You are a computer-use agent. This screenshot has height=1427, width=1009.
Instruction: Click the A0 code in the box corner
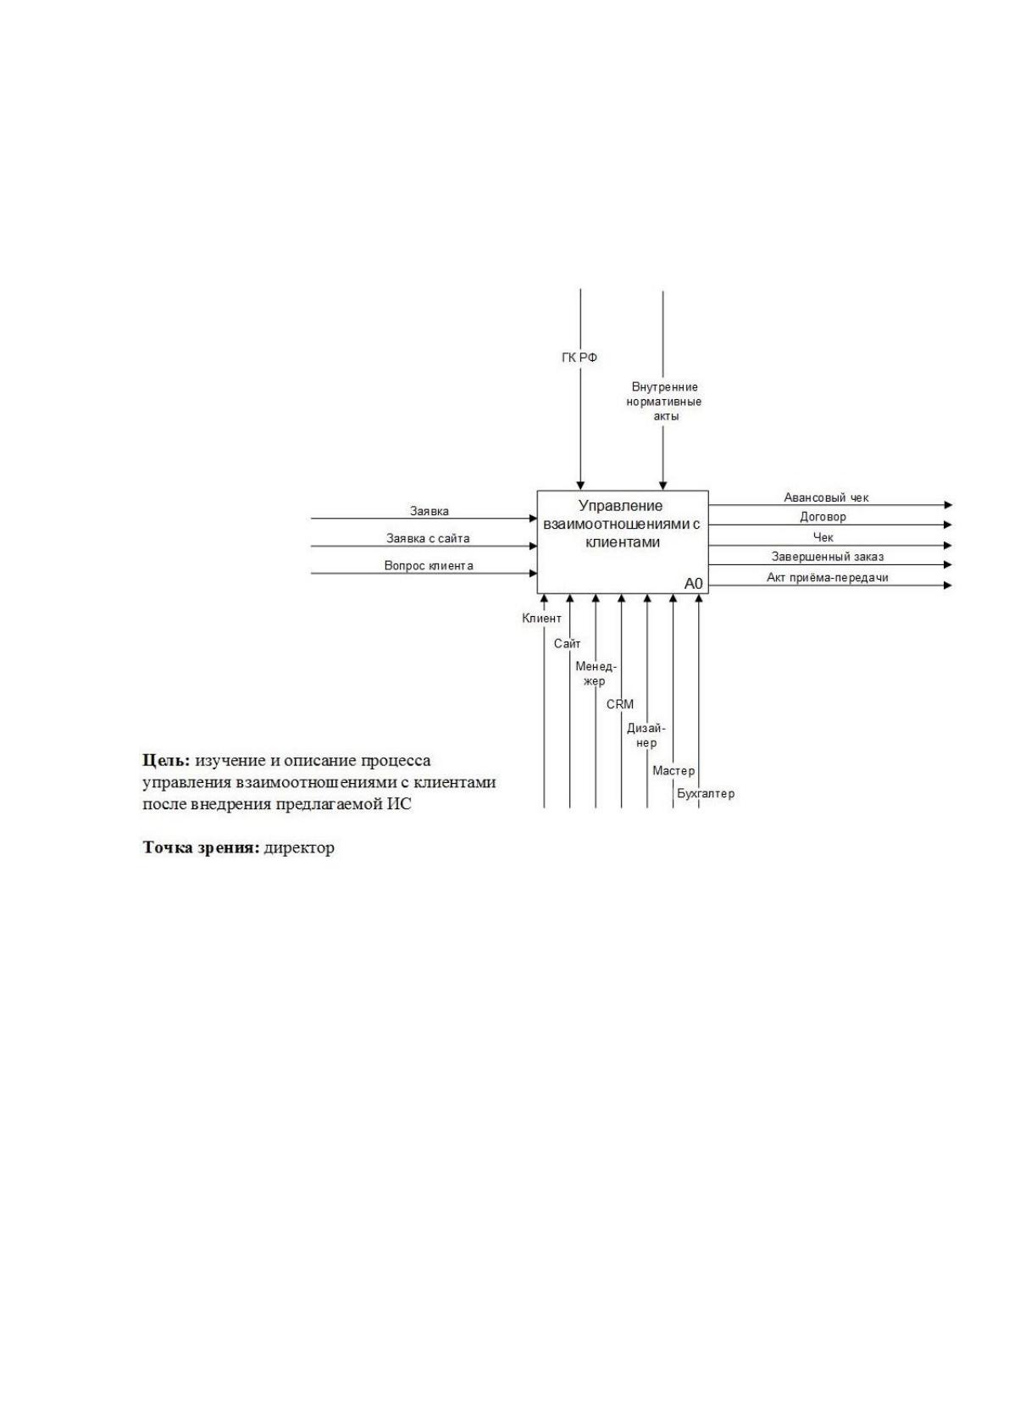pyautogui.click(x=693, y=584)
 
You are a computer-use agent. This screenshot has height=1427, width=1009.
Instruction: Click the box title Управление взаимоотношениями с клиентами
pyautogui.click(x=622, y=525)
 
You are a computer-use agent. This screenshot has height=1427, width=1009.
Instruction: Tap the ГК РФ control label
pyautogui.click(x=579, y=358)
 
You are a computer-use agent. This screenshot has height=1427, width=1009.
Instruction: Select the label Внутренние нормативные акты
pyautogui.click(x=663, y=402)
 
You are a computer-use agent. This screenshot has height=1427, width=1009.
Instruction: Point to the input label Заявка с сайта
pyautogui.click(x=428, y=538)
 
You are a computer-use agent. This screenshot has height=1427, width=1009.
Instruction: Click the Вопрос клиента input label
pyautogui.click(x=429, y=566)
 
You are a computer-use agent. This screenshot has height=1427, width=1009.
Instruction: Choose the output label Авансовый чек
pyautogui.click(x=826, y=497)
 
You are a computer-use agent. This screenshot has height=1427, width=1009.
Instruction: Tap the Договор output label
pyautogui.click(x=823, y=517)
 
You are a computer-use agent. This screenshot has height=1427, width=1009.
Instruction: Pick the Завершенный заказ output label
pyautogui.click(x=828, y=557)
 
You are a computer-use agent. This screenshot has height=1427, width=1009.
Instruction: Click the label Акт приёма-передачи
pyautogui.click(x=827, y=578)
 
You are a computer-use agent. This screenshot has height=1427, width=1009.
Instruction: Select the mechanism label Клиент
pyautogui.click(x=541, y=619)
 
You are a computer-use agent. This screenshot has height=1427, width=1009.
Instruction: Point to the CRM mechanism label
pyautogui.click(x=620, y=704)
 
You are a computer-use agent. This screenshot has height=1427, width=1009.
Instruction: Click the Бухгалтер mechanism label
pyautogui.click(x=706, y=794)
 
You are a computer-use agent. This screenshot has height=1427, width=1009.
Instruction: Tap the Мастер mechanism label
pyautogui.click(x=674, y=771)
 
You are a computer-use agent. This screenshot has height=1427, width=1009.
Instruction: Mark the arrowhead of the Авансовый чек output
pyautogui.click(x=949, y=505)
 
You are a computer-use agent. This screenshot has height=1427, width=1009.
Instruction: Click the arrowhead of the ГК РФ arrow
pyautogui.click(x=580, y=486)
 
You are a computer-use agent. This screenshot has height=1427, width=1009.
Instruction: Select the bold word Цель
pyautogui.click(x=166, y=761)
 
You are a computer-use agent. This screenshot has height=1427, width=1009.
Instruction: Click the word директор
pyautogui.click(x=299, y=848)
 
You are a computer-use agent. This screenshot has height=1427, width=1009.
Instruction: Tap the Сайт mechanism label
pyautogui.click(x=567, y=644)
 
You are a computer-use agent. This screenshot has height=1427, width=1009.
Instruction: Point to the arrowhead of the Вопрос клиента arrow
pyautogui.click(x=533, y=574)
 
